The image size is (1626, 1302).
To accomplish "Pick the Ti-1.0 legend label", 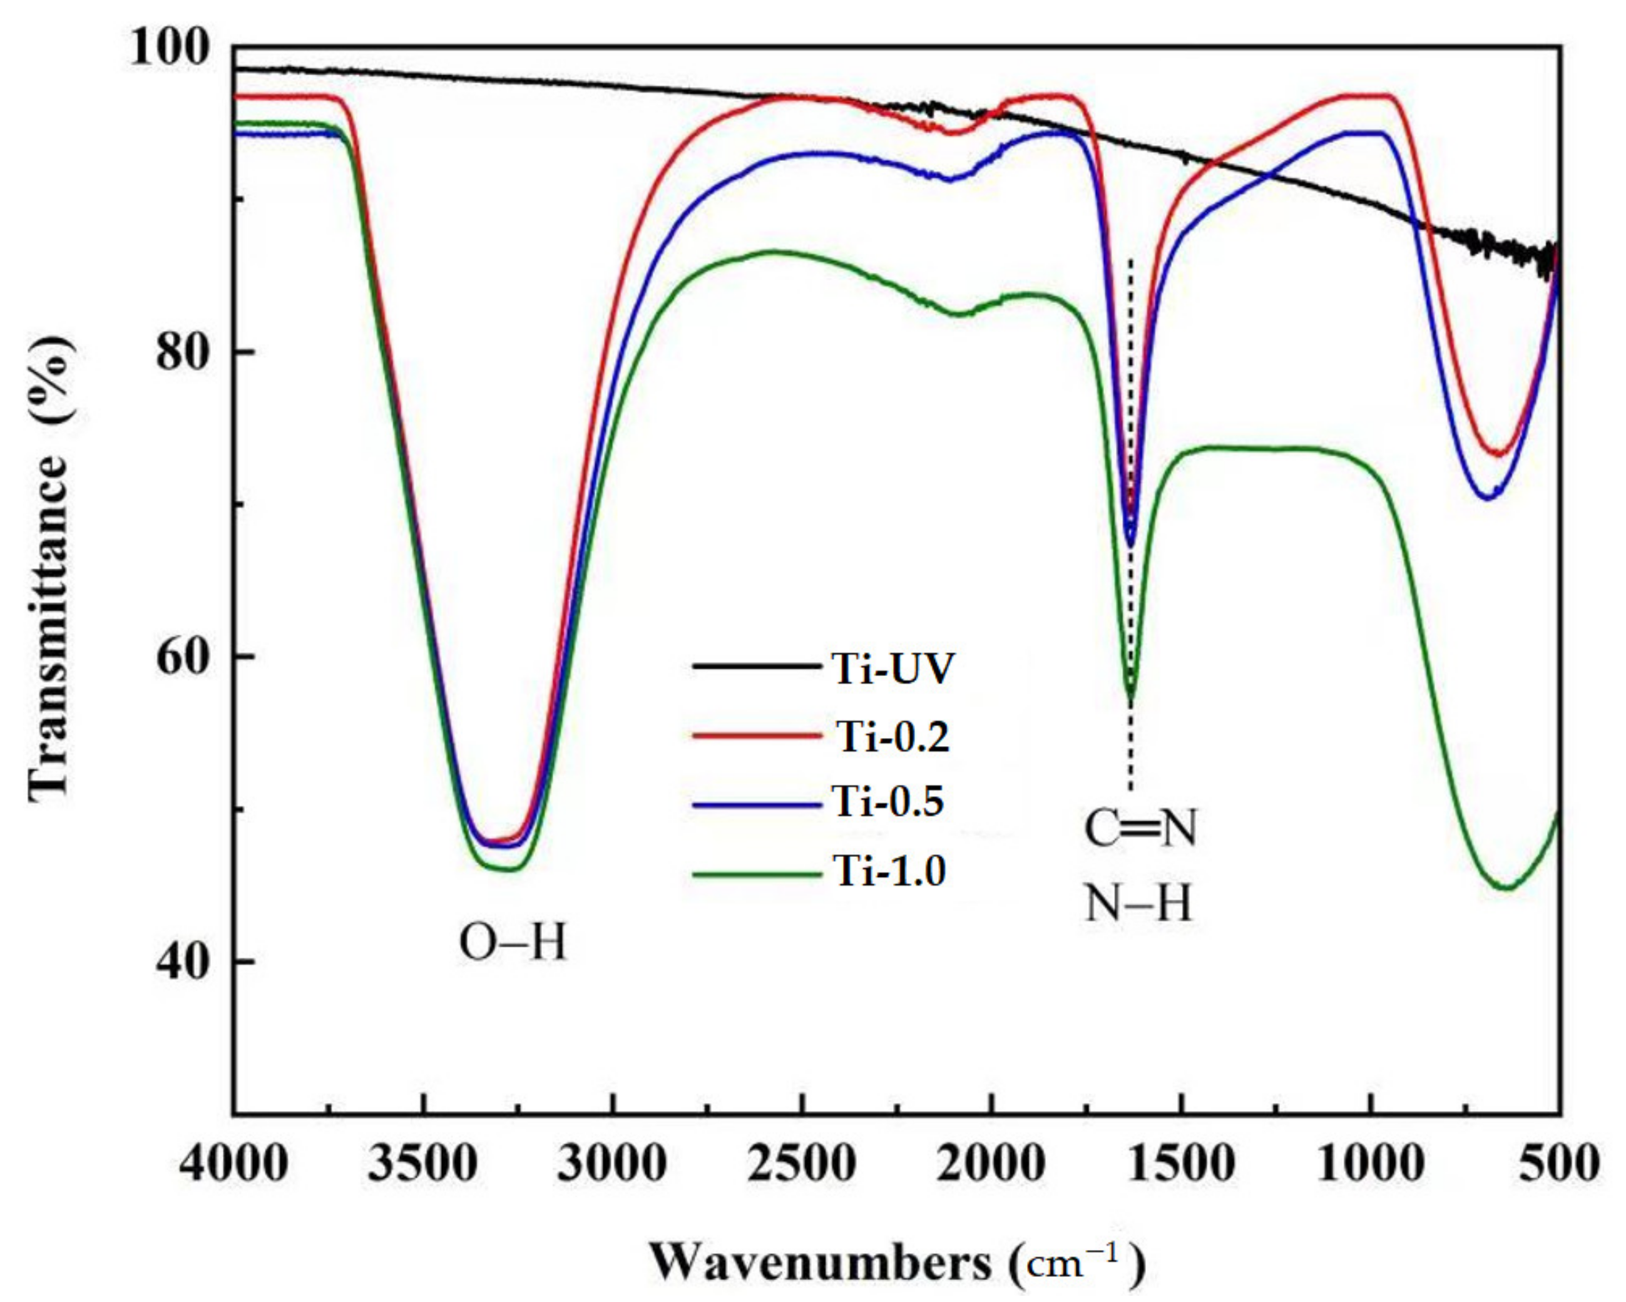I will pos(889,871).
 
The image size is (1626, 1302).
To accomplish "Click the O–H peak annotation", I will pos(512,943).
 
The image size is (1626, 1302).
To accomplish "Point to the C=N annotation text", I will pos(1140,828).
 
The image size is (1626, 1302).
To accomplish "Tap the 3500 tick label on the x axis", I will pos(423,1164).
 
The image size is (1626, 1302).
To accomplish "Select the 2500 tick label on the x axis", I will pos(802,1164).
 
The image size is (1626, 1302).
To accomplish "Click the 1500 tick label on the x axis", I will pos(1181,1164).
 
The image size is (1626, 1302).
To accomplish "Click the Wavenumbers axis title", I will pos(897,1262).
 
